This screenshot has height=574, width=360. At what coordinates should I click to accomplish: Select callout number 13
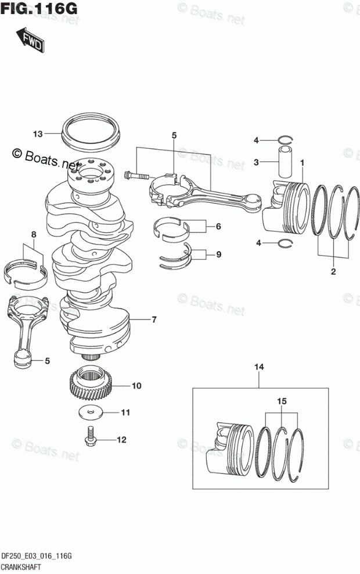pos(38,134)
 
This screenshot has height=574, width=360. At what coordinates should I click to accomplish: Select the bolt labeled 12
pos(91,437)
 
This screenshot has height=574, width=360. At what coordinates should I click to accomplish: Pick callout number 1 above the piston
pos(302,163)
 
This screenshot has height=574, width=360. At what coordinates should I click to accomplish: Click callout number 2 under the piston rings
pos(333,271)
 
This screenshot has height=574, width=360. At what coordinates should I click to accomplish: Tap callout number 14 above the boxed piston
pos(259,367)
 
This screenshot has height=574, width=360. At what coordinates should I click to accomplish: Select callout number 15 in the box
pos(282,402)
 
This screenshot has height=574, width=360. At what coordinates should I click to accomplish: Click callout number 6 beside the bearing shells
pos(218,227)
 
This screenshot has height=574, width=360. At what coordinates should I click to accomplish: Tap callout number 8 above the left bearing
pos(34,234)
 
